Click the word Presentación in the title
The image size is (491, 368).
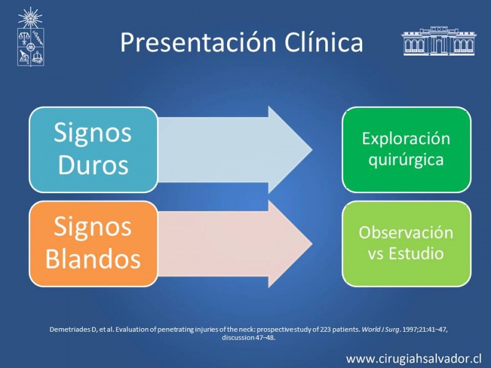click(x=198, y=42)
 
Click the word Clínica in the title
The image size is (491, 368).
click(x=324, y=42)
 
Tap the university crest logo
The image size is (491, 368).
click(x=30, y=37)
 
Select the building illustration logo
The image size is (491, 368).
click(x=439, y=41)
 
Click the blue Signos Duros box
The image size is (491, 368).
click(x=93, y=150)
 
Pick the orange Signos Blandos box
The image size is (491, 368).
click(x=93, y=243)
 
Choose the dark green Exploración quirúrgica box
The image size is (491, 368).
click(x=406, y=150)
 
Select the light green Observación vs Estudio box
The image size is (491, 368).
click(x=406, y=243)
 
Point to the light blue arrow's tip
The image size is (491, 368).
click(x=312, y=150)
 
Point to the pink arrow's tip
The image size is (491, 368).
click(x=312, y=244)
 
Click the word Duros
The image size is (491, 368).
click(x=93, y=165)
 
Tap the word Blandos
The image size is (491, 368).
click(x=93, y=259)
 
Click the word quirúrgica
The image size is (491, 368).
click(x=406, y=161)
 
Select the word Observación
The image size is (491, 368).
click(x=406, y=232)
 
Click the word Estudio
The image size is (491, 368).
click(x=416, y=253)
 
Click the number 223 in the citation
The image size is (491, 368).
click(x=325, y=329)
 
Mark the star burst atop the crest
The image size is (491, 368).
click(x=30, y=18)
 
